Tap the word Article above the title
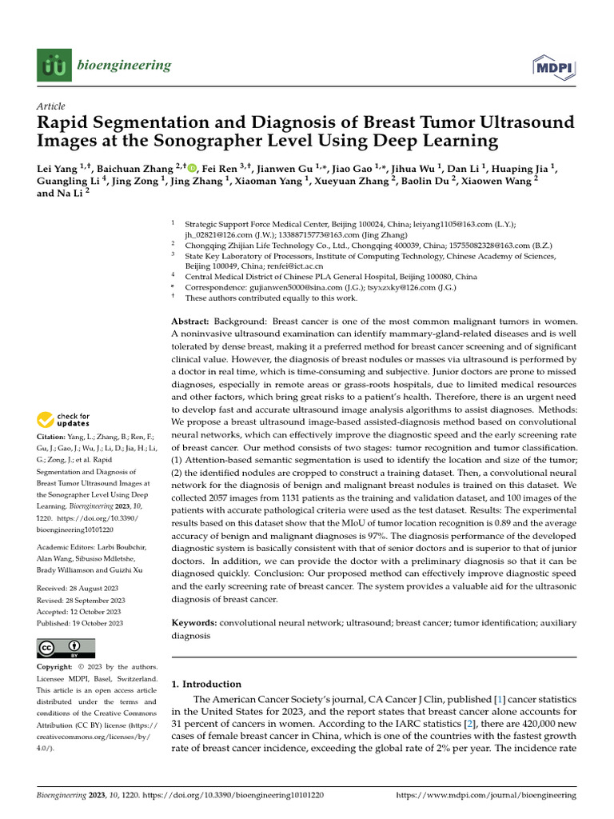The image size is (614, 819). [x=51, y=106]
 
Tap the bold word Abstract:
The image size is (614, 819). [x=193, y=320]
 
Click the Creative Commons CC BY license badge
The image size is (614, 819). [x=66, y=648]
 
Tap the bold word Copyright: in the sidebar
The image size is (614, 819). [x=58, y=667]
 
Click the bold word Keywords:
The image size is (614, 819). [x=194, y=621]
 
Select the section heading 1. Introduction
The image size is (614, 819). [x=206, y=685]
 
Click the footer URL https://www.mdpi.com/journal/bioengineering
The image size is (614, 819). [x=486, y=796]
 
